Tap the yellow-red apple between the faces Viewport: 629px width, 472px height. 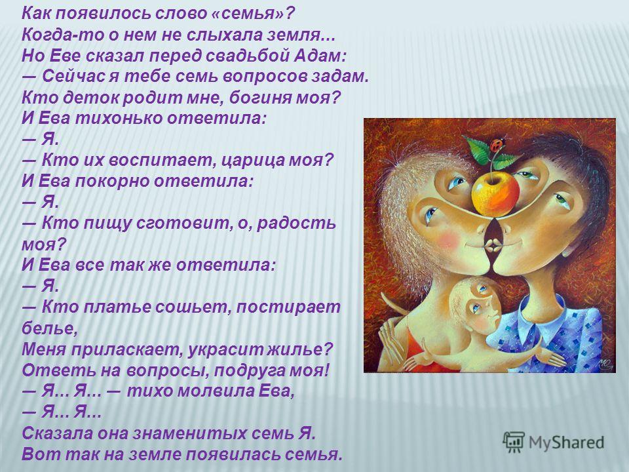495,193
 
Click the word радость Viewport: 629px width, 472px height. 296,223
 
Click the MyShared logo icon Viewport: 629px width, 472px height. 514,442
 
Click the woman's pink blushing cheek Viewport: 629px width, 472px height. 448,241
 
